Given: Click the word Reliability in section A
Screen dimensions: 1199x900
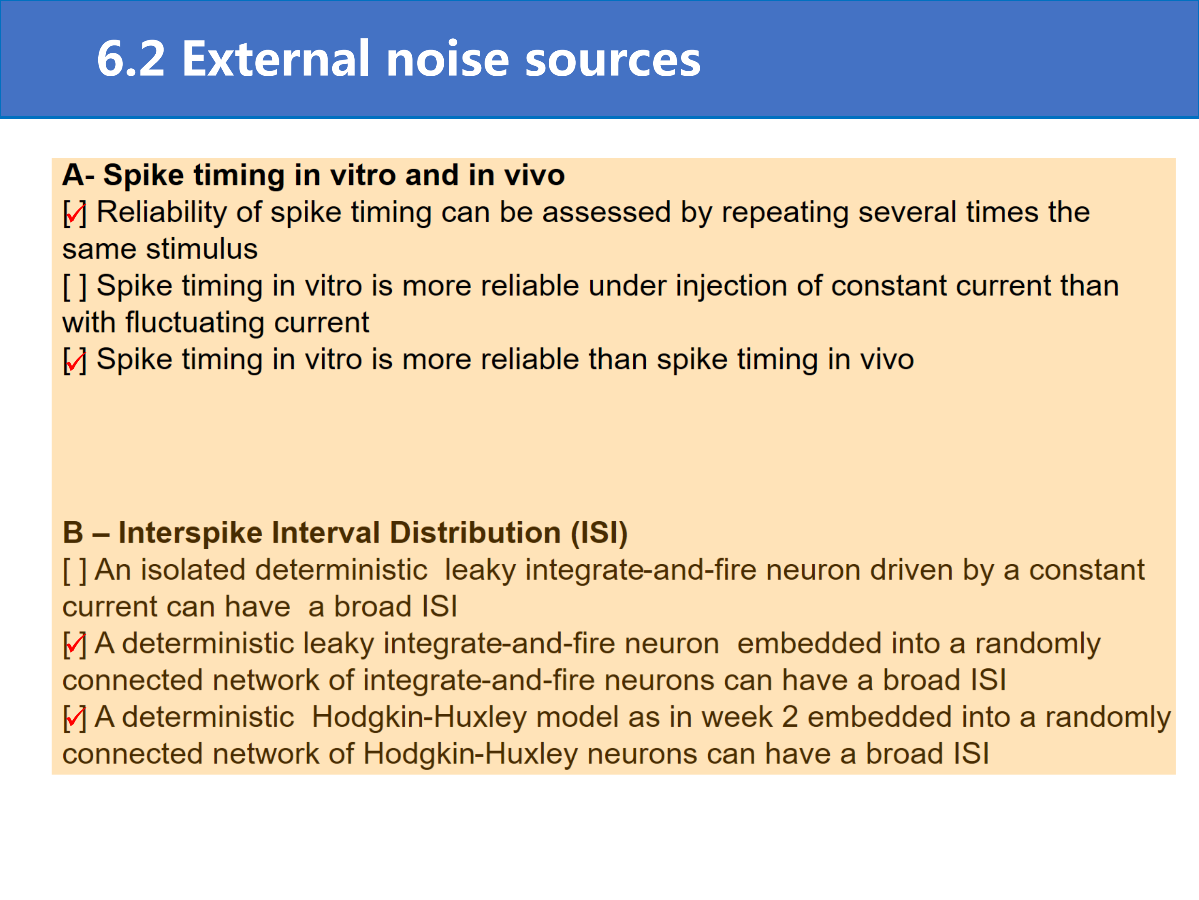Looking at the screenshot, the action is (162, 212).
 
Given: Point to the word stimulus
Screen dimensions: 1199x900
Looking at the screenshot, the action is (201, 249).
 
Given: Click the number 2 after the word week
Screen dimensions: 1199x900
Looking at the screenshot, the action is (790, 717).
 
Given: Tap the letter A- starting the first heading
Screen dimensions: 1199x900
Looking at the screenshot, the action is (79, 175).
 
